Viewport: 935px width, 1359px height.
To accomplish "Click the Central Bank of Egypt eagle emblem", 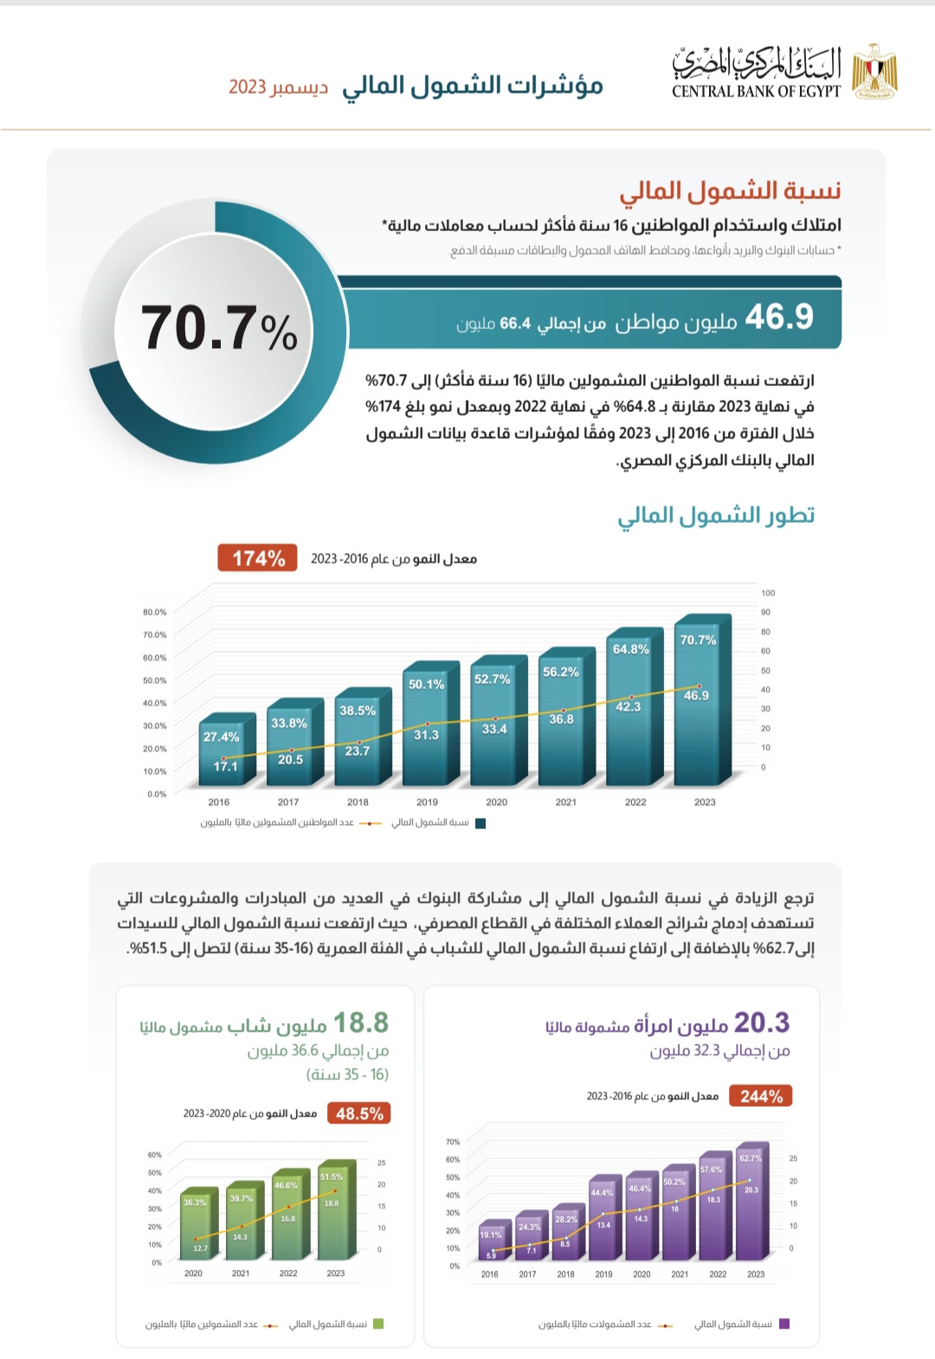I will click(874, 71).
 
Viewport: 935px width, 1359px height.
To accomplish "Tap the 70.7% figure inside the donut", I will click(219, 329).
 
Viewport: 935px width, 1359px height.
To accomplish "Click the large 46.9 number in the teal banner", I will click(779, 317).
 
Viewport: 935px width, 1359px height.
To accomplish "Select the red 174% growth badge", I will click(257, 558).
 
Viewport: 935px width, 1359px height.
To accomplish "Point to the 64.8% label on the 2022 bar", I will click(630, 649).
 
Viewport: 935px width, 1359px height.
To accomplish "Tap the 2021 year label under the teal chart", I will click(566, 802).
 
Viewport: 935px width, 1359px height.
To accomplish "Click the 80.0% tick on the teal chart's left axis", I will click(155, 612).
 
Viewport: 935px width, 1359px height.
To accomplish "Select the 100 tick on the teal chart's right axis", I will click(768, 593).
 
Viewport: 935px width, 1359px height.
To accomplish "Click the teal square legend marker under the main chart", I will click(480, 823).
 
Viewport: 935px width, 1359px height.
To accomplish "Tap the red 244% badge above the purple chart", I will click(761, 1097).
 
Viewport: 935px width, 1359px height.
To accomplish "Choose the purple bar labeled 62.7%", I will click(750, 1203).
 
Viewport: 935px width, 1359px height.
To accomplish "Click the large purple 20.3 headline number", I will click(762, 1023).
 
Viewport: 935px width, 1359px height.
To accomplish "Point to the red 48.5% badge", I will click(359, 1114).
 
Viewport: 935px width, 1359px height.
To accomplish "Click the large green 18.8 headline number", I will click(361, 1023).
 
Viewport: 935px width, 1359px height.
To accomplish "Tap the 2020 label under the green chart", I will click(193, 1273).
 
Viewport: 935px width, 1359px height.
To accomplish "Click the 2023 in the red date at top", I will click(247, 87).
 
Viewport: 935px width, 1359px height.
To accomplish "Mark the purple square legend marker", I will click(784, 1324).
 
